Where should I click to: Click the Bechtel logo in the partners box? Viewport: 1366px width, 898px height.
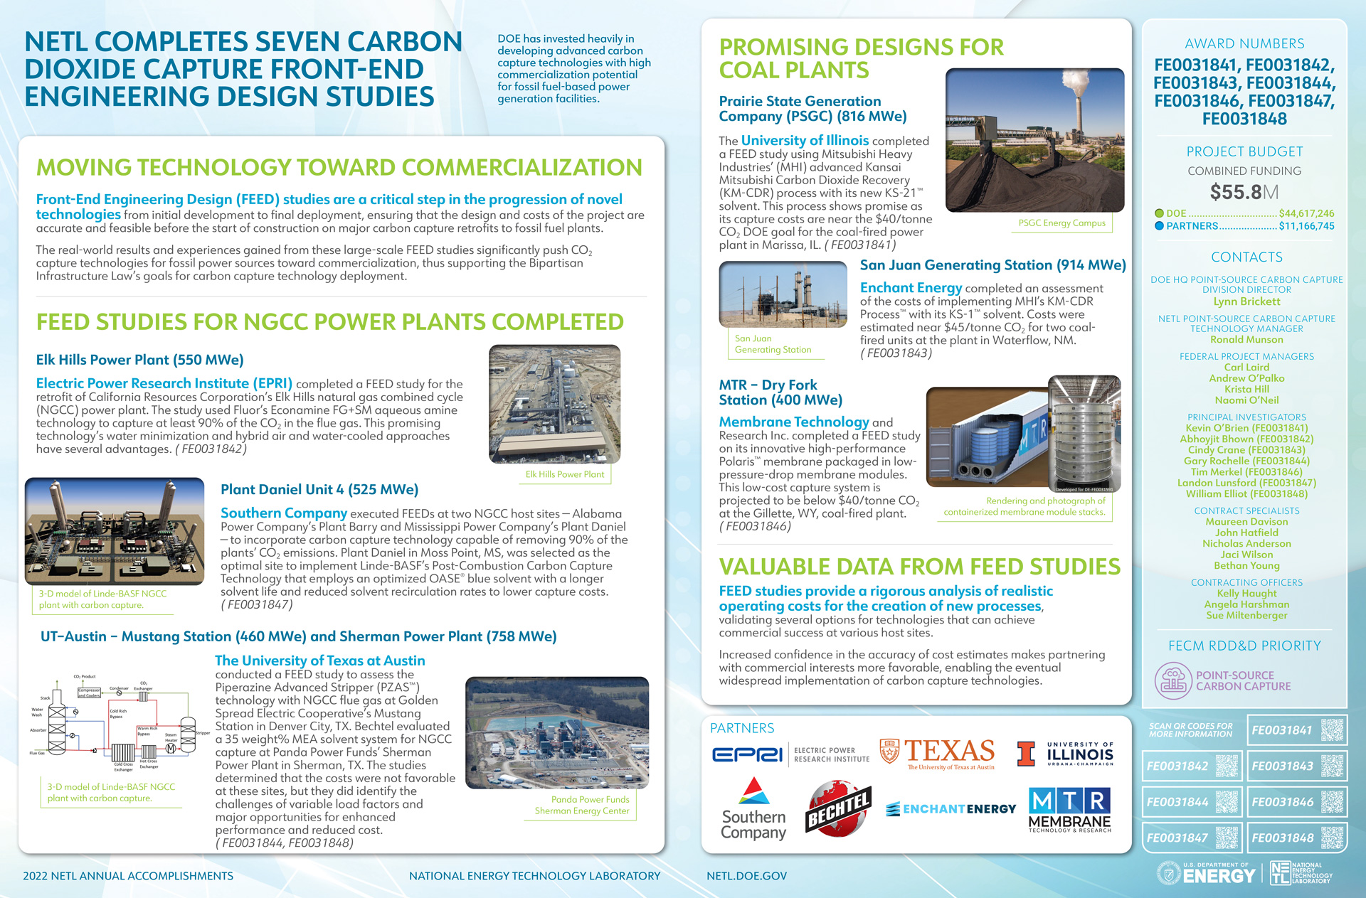coord(838,810)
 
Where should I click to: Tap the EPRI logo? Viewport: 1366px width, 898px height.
coord(747,754)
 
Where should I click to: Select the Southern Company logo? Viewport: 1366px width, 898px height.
coord(753,810)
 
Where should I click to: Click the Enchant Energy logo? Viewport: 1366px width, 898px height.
coord(951,809)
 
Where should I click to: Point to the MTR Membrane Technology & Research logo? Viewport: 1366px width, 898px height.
coord(1069,810)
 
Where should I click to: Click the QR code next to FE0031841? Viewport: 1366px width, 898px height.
coord(1332,730)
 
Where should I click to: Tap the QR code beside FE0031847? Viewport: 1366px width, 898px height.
coord(1227,838)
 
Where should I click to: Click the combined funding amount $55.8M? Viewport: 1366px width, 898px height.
coord(1244,192)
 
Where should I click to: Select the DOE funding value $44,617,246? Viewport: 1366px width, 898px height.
coord(1306,213)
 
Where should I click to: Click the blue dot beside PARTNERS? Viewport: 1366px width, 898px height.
coord(1159,226)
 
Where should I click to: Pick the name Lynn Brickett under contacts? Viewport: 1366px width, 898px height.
coord(1246,301)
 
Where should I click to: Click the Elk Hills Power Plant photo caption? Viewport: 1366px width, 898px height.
coord(564,474)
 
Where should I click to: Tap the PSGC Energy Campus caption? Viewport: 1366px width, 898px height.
coord(1061,223)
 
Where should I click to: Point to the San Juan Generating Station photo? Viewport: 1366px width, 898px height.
coord(783,294)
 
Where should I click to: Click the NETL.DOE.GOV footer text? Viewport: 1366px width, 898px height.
coord(746,876)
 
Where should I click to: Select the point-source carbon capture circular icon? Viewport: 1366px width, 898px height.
coord(1172,680)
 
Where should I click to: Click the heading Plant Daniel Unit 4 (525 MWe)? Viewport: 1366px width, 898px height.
coord(319,489)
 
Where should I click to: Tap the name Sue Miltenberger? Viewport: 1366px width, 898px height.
coord(1246,615)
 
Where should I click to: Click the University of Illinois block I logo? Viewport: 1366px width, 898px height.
coord(1025,754)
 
